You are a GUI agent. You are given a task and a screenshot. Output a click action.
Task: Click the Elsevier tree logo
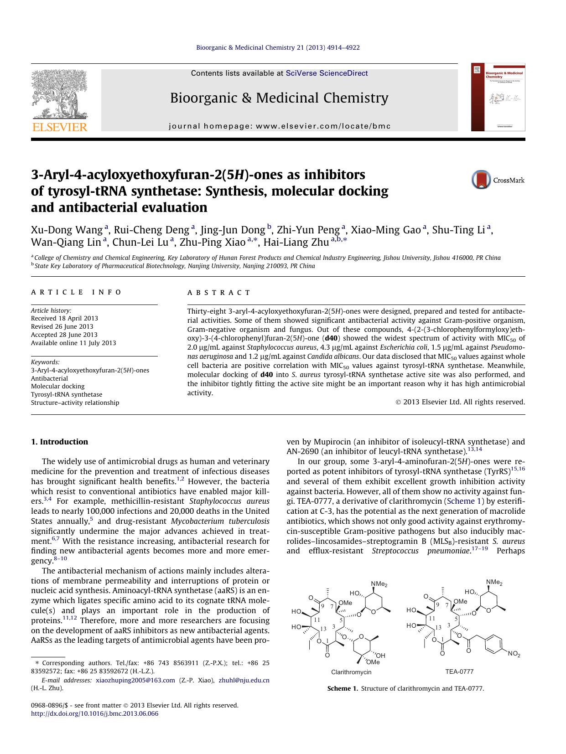tap(59, 95)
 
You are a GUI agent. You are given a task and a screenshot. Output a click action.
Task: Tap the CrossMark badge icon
tap(481, 180)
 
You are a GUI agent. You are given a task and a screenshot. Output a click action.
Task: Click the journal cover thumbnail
tap(498, 97)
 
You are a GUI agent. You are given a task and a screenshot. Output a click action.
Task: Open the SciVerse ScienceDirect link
tap(327, 73)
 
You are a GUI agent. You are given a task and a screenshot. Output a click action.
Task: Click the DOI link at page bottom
tap(94, 714)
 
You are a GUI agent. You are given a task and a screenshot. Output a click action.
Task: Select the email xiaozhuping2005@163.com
tap(135, 680)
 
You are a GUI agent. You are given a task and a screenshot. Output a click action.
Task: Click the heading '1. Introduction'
tap(59, 442)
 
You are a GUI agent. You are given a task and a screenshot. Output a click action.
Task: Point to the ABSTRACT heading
tap(218, 293)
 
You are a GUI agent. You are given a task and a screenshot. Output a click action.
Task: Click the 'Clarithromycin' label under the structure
tap(351, 672)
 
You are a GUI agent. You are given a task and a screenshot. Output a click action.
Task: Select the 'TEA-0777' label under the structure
tap(459, 671)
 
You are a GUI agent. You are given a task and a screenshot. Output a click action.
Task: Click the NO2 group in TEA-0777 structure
tap(514, 655)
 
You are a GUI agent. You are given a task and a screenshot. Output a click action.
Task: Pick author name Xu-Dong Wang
tap(67, 230)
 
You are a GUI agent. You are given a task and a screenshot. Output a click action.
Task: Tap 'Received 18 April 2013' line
tap(64, 318)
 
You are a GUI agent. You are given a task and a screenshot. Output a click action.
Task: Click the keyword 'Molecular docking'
tap(57, 386)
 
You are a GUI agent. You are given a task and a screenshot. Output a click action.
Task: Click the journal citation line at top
tap(278, 47)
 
